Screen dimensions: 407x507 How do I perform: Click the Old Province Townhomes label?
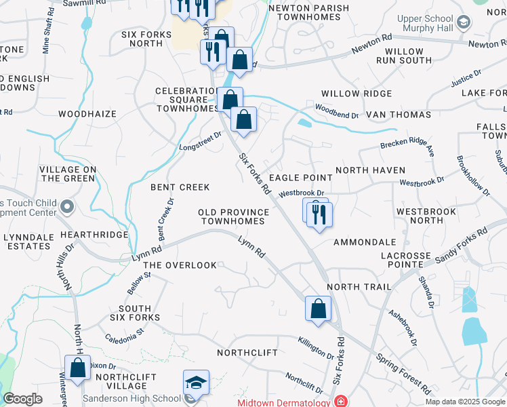[233, 217]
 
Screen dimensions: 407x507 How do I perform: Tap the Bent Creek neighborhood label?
[180, 187]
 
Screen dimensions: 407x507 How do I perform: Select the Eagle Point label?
[301, 177]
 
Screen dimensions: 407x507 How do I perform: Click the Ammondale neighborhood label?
[365, 241]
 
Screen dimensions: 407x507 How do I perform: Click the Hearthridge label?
[94, 234]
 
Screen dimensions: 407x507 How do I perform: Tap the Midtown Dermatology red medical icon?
[340, 402]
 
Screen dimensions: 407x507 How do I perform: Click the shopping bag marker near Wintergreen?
[78, 368]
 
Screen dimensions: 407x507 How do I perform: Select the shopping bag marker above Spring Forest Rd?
[318, 309]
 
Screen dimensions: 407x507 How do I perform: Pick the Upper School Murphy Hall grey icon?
[464, 22]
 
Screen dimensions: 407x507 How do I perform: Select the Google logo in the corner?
[22, 399]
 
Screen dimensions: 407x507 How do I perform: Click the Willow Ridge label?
[356, 94]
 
